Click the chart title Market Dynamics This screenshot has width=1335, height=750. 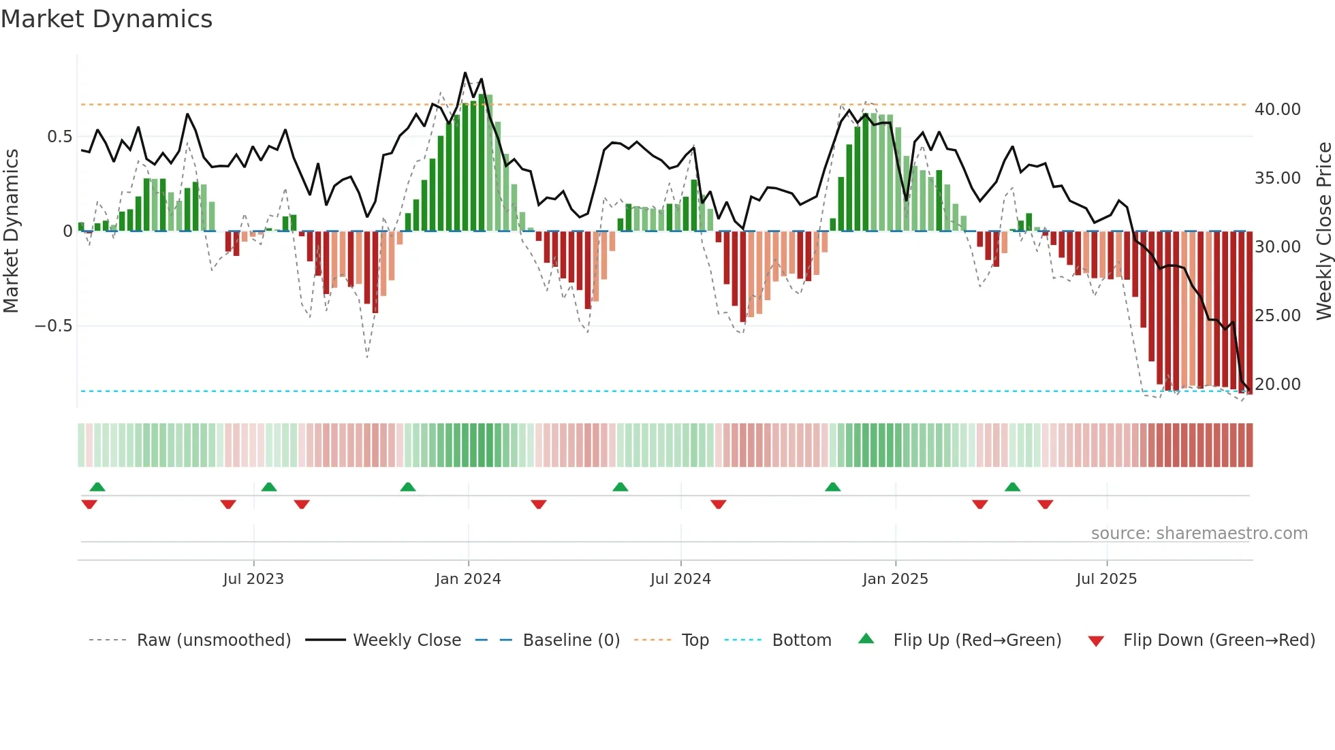pos(106,19)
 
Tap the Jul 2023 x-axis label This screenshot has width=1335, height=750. pos(253,579)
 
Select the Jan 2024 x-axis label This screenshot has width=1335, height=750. pos(468,579)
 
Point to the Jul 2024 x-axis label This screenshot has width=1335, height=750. pos(680,579)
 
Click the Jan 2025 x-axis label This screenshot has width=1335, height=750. pos(895,579)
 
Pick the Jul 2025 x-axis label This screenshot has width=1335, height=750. pos(1107,579)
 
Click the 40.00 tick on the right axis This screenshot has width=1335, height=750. pos(1277,110)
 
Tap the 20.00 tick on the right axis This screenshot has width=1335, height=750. pos(1277,385)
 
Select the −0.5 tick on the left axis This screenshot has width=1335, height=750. pos(54,326)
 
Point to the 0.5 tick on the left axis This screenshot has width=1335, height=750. pos(59,137)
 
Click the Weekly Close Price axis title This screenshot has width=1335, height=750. pos(1323,231)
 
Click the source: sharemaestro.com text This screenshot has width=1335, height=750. pos(1199,534)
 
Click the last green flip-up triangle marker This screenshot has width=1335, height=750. pos(1012,487)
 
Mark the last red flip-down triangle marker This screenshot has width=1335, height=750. pos(1045,504)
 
